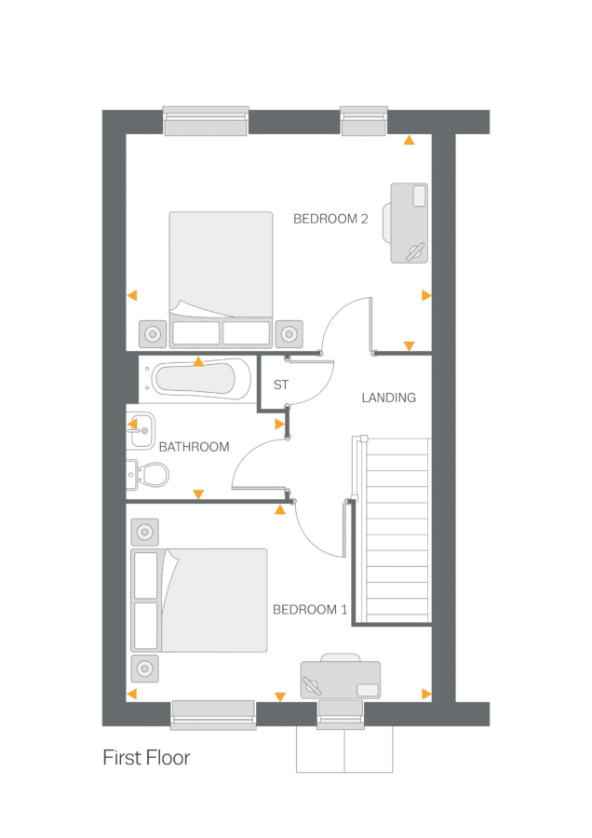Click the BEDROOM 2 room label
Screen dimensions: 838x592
pyautogui.click(x=330, y=219)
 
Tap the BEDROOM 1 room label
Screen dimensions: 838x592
pyautogui.click(x=310, y=610)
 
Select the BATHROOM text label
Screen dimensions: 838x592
pyautogui.click(x=194, y=447)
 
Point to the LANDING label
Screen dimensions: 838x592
pyautogui.click(x=388, y=398)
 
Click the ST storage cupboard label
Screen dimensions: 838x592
pyautogui.click(x=280, y=385)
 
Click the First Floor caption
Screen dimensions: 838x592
pyautogui.click(x=146, y=758)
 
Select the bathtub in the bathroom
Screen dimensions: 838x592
pyautogui.click(x=197, y=379)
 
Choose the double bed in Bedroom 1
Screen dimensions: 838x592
pyautogui.click(x=198, y=600)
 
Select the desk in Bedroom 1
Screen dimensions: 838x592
pyautogui.click(x=340, y=679)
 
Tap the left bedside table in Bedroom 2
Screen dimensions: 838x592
pyautogui.click(x=153, y=332)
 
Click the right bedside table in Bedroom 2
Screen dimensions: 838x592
pyautogui.click(x=289, y=332)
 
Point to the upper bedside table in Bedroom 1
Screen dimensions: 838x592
pyautogui.click(x=144, y=533)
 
